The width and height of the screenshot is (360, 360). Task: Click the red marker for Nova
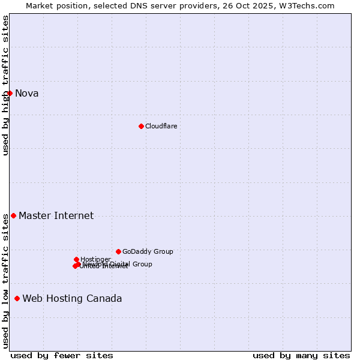click(x=10, y=93)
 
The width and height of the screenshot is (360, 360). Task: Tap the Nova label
click(x=27, y=93)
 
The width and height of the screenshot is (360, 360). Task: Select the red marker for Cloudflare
click(x=141, y=126)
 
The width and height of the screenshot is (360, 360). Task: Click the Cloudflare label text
click(x=161, y=126)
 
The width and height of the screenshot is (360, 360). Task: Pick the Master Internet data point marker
click(x=13, y=215)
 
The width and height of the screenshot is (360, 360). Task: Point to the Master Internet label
click(x=56, y=215)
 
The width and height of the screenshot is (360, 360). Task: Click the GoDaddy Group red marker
click(x=118, y=251)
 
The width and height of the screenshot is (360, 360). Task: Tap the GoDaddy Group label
click(x=148, y=251)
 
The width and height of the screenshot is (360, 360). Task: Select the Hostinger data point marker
click(x=76, y=259)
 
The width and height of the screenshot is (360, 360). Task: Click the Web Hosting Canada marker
click(x=17, y=298)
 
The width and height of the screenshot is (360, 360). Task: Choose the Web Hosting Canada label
click(x=72, y=298)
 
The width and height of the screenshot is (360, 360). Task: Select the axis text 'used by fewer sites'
click(x=62, y=355)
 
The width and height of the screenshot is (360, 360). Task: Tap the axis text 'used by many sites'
click(x=301, y=355)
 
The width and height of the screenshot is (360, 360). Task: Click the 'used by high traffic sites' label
click(x=5, y=85)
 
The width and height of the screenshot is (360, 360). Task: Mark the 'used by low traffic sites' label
click(x=5, y=281)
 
